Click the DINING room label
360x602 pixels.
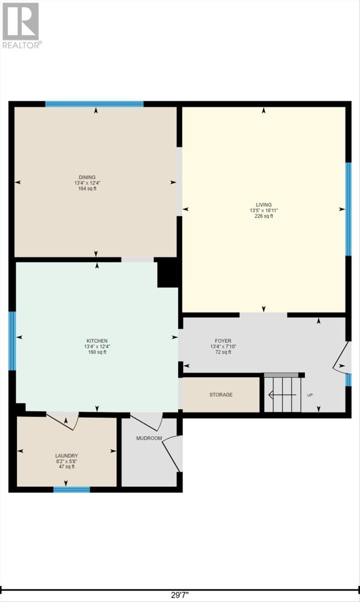[x=87, y=178]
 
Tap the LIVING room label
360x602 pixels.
[x=264, y=205]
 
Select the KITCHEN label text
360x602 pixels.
[x=97, y=341]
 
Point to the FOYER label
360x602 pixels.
[x=223, y=341]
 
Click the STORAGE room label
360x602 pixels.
[x=221, y=395]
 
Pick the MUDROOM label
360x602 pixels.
[x=149, y=438]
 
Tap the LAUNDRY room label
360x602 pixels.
[x=67, y=456]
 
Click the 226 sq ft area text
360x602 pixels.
[x=264, y=216]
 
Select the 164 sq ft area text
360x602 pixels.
[x=87, y=189]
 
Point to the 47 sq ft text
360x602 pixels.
[x=67, y=467]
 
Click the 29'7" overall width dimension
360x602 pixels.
[x=180, y=595]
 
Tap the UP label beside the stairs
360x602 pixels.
[x=310, y=395]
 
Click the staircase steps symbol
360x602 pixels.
[x=283, y=394]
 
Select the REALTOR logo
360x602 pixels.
[x=22, y=26]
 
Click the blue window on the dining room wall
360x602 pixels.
[x=94, y=104]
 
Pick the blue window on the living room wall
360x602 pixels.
[x=348, y=209]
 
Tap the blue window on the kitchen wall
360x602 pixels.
[x=12, y=341]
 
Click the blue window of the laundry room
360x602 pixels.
[x=72, y=490]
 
